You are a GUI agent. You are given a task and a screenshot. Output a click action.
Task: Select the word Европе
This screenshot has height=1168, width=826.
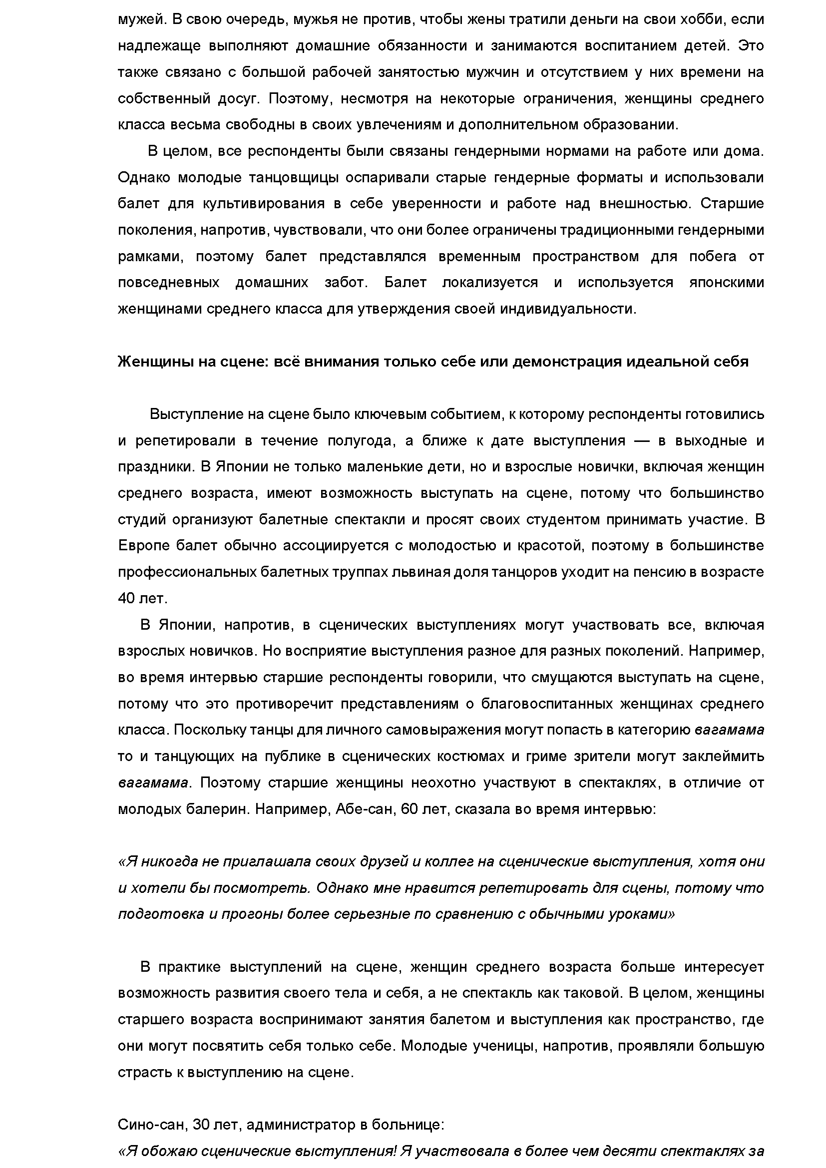[143, 546]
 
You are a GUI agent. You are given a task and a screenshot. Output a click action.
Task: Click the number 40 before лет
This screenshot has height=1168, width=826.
[126, 598]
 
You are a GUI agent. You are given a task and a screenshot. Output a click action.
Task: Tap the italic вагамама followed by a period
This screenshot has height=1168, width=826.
[153, 783]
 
